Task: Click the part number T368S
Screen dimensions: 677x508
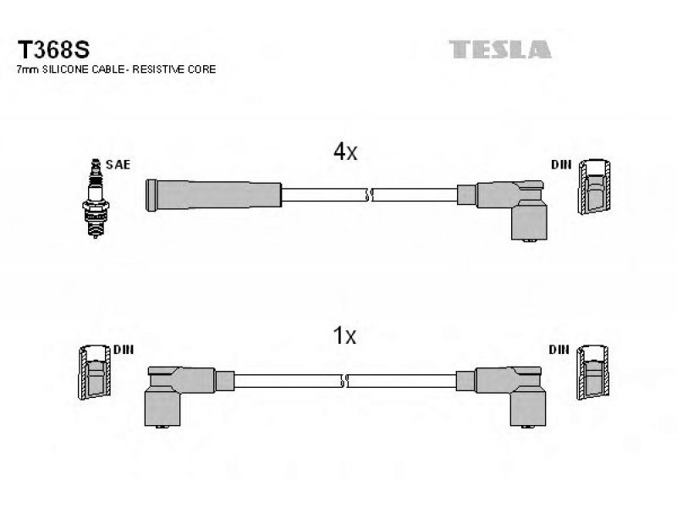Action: click(53, 50)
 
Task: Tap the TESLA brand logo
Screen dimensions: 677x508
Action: click(500, 49)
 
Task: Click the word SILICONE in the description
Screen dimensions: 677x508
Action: click(67, 69)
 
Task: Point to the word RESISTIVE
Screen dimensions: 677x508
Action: click(160, 69)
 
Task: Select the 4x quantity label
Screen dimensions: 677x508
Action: click(345, 152)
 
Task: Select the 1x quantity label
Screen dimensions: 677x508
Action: click(344, 335)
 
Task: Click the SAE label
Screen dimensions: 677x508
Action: click(118, 164)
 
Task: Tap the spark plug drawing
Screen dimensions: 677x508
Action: click(95, 198)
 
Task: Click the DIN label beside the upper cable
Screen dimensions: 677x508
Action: click(561, 164)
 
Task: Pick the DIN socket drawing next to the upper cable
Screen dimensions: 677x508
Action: click(595, 186)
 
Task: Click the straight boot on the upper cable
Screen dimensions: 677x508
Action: click(214, 196)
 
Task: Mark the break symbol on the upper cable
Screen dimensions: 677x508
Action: click(369, 196)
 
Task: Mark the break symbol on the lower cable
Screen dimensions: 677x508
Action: click(344, 381)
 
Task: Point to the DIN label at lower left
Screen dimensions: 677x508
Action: click(124, 350)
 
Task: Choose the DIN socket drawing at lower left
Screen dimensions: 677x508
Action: click(95, 372)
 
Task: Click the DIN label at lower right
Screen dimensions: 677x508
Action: click(559, 350)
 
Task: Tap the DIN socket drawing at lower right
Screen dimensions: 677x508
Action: click(593, 372)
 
